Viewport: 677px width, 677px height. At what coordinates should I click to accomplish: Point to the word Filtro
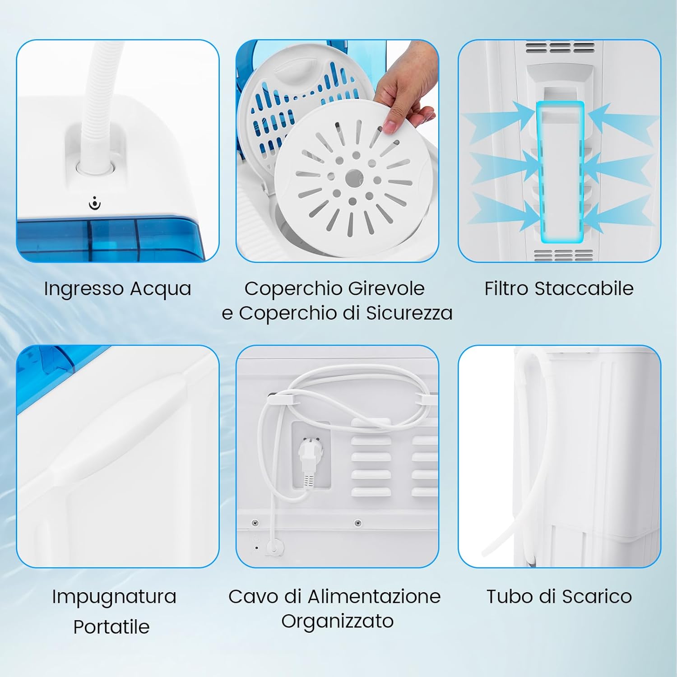click(506, 289)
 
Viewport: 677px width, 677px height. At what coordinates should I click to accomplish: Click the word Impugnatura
click(114, 597)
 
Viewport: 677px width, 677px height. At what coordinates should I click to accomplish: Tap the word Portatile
click(111, 627)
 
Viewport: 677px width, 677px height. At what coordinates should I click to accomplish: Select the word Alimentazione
click(374, 597)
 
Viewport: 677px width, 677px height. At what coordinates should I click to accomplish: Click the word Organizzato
click(337, 621)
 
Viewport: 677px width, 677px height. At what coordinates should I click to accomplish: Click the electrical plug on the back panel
click(307, 463)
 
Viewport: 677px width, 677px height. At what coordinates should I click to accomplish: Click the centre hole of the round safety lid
click(354, 179)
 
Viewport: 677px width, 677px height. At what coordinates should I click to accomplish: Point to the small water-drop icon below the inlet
click(95, 204)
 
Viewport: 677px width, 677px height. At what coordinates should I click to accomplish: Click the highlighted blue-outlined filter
click(561, 172)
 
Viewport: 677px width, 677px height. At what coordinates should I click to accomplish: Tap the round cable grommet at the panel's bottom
click(274, 547)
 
